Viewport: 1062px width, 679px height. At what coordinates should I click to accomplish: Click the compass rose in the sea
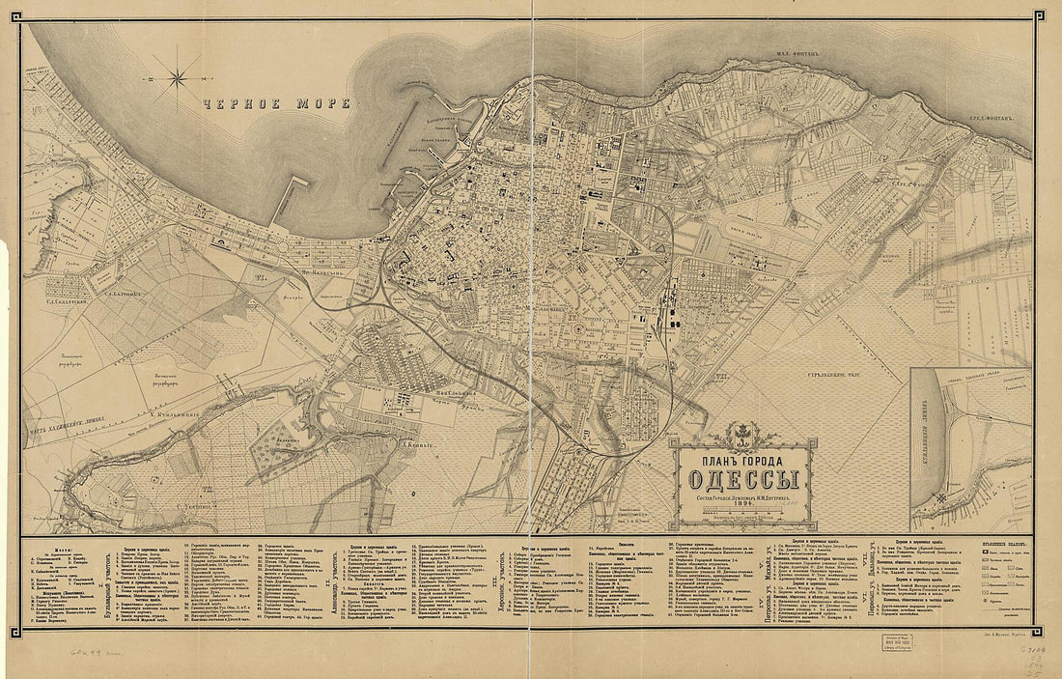[x=181, y=75]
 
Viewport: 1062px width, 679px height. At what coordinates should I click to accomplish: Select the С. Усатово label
[x=199, y=505]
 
